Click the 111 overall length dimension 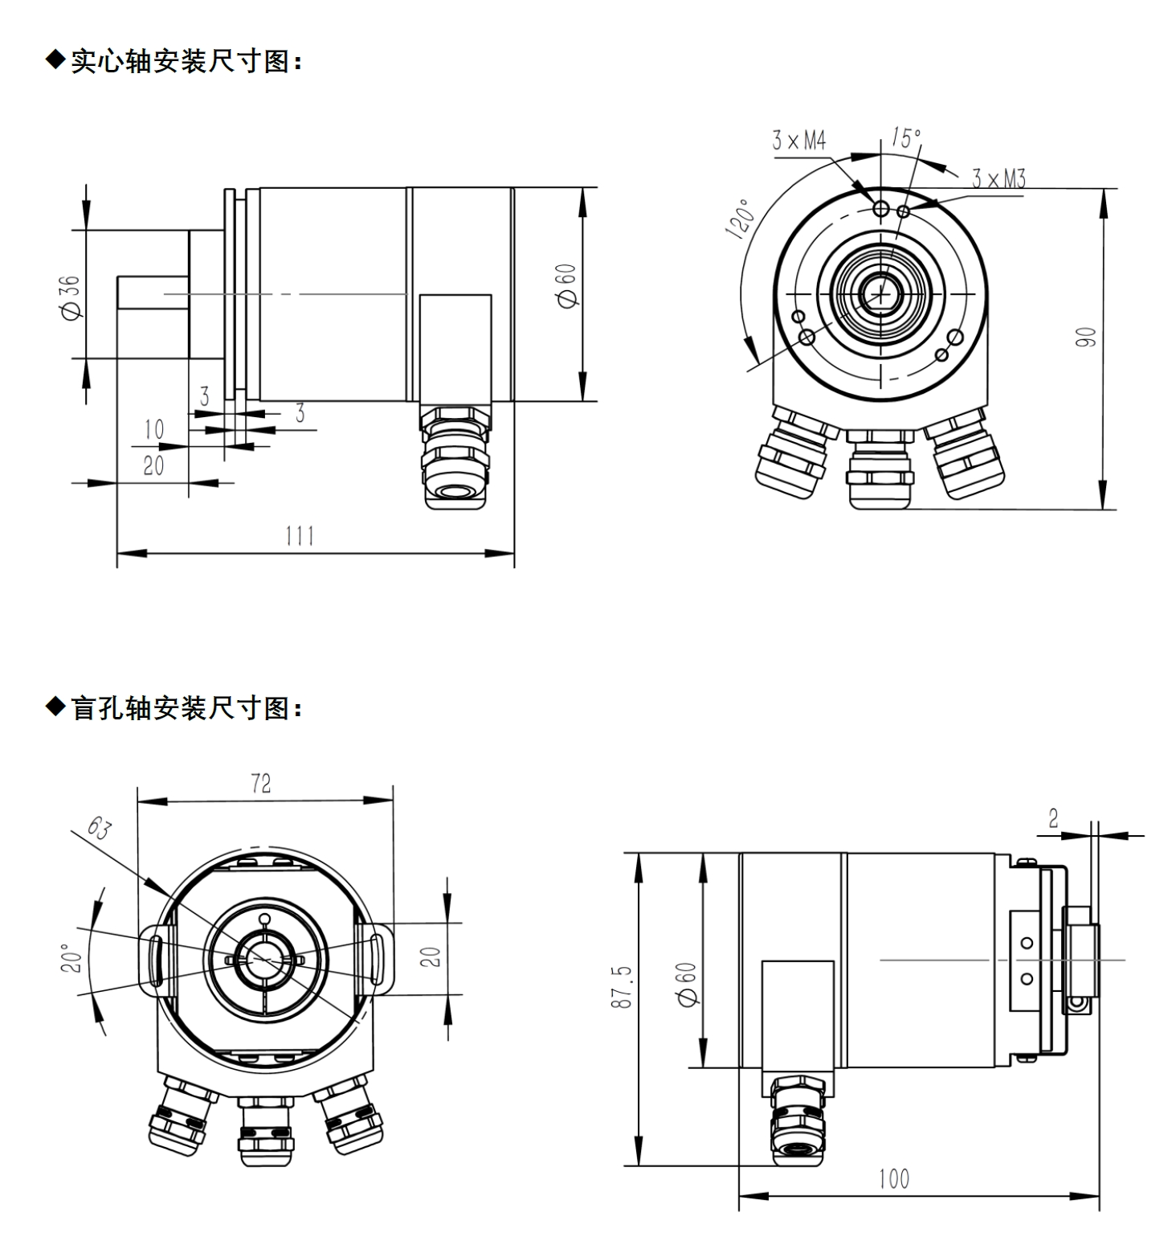pos(300,535)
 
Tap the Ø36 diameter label pos(71,297)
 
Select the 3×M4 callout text pos(798,141)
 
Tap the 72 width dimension pos(261,784)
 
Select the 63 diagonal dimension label pos(99,829)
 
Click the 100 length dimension pos(893,1179)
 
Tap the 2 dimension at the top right pos(1053,818)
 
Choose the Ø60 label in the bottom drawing pos(688,984)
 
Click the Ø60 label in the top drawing pos(567,285)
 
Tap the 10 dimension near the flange pos(154,430)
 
